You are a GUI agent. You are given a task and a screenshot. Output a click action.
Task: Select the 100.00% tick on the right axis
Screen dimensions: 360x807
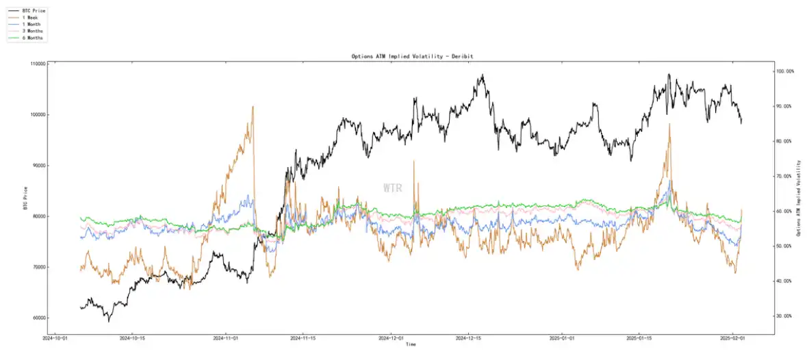click(x=785, y=71)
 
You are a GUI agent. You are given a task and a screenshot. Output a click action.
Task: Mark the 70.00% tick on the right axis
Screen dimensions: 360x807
click(x=784, y=176)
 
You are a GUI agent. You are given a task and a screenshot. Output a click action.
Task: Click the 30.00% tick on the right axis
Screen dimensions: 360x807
click(x=784, y=316)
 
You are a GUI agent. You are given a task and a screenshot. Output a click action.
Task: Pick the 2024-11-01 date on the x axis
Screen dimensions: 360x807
click(x=226, y=338)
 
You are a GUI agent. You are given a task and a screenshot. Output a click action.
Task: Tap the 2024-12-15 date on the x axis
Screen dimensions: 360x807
click(x=469, y=338)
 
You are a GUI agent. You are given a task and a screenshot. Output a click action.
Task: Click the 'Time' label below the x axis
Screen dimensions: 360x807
click(x=411, y=344)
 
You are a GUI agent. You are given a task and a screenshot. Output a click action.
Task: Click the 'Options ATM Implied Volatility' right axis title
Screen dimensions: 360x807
click(x=799, y=198)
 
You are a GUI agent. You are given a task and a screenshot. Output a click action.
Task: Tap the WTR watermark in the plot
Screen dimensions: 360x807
click(x=393, y=187)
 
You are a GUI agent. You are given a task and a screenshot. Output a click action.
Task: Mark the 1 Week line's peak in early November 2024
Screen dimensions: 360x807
click(x=253, y=107)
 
